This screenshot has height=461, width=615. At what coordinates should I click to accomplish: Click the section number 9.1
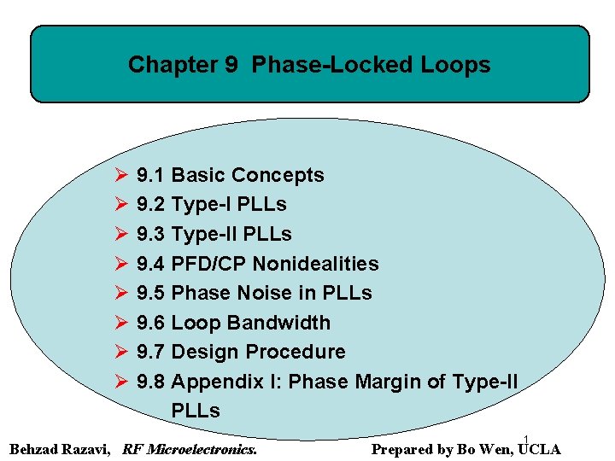point(150,175)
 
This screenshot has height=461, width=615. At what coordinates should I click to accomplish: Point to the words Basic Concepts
point(248,175)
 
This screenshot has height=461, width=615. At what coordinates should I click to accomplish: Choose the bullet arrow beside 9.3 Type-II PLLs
point(120,234)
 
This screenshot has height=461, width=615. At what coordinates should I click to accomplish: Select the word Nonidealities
point(315,264)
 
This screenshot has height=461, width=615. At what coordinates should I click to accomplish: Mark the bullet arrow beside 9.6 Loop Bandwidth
point(120,323)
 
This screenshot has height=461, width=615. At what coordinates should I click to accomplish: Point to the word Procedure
point(296,352)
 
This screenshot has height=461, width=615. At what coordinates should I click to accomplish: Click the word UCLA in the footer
point(540,449)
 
